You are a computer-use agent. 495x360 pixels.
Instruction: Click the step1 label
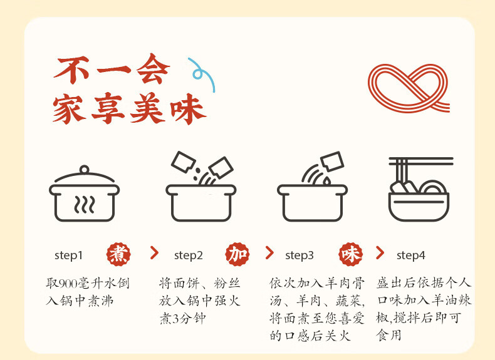(68, 255)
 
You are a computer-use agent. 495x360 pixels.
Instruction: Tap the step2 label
(188, 255)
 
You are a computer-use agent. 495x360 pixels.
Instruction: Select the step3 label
(300, 255)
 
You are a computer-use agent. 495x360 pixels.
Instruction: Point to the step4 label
(410, 255)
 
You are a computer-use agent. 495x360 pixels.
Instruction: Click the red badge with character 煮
(118, 254)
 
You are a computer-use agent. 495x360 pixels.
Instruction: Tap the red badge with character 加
(237, 254)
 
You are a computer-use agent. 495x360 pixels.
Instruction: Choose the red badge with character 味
(350, 254)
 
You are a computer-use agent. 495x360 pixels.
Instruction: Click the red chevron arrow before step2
(154, 253)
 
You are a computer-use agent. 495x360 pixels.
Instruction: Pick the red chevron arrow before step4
(380, 253)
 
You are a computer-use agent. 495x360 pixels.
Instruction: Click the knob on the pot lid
(85, 170)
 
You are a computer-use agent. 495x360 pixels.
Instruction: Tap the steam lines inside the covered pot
(85, 205)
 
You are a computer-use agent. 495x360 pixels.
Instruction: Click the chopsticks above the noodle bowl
(421, 162)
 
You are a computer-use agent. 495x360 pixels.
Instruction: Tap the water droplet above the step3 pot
(326, 181)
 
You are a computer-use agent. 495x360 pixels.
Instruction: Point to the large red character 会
(154, 69)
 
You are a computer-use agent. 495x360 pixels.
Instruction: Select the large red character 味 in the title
(188, 109)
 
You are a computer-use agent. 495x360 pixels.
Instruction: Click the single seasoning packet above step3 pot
(332, 162)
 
